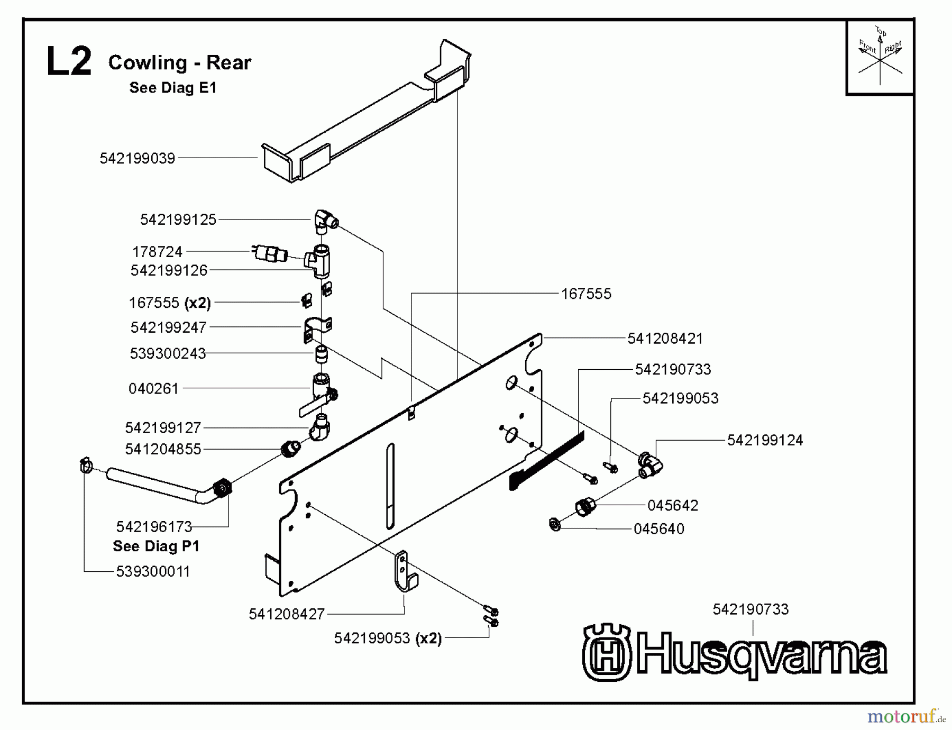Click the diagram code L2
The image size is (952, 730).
69,62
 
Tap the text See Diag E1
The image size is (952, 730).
173,88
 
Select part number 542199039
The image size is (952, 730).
137,158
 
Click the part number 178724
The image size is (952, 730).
157,251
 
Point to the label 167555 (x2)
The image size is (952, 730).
170,303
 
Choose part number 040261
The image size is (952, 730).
154,389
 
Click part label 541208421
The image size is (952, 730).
665,339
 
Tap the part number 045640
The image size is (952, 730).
658,528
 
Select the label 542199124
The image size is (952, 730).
764,440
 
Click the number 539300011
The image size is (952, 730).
153,571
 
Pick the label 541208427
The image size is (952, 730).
286,614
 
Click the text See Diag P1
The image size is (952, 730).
156,546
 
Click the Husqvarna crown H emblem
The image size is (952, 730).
607,652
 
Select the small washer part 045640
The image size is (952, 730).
555,524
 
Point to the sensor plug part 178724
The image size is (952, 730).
270,253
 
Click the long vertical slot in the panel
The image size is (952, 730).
390,486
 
